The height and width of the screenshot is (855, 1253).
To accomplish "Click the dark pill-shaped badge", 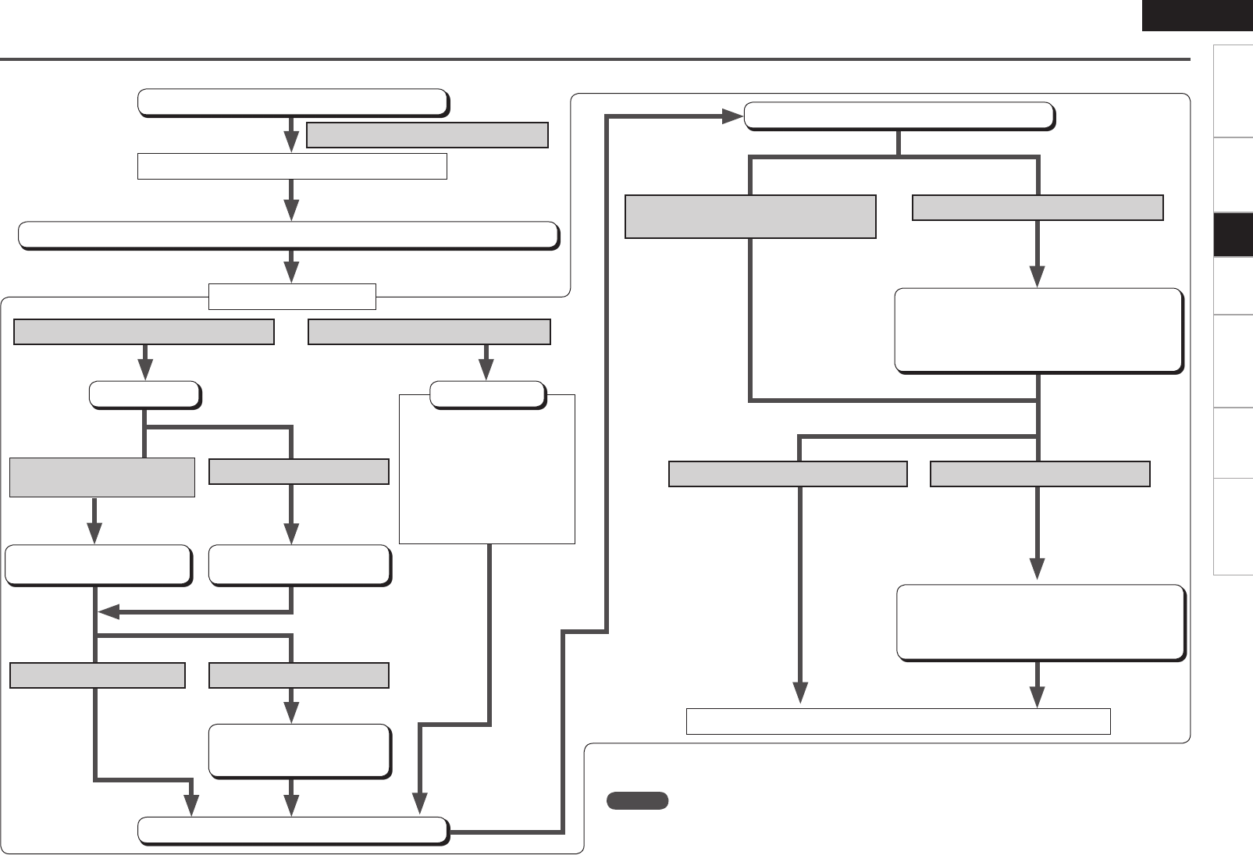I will point(637,800).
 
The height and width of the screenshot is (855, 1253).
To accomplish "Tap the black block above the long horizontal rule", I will point(1197,15).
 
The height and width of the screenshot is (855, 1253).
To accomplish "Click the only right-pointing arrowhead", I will point(732,116).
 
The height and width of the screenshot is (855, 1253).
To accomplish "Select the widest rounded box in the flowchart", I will point(288,235).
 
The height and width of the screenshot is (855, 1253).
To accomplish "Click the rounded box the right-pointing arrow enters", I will point(899,116).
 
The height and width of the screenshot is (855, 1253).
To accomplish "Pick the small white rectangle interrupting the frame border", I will point(292,297).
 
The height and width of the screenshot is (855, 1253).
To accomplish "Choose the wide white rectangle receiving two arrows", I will point(898,721).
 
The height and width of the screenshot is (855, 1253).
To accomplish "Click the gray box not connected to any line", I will point(427,135).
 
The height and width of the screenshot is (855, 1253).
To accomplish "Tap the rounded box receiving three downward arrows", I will point(293,831).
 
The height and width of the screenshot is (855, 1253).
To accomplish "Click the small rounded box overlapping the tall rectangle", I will point(487,395).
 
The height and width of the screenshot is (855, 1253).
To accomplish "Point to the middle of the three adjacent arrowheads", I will point(291,806).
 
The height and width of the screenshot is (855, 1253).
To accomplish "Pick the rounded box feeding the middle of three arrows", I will point(299,750).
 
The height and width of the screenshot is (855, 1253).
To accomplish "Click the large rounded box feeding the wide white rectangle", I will point(1041,622).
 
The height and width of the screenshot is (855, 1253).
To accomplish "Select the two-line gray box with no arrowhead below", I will point(749,216).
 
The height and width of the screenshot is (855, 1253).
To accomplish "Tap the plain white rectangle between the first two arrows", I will point(292,166).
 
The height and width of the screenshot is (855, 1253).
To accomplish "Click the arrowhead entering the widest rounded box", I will point(291,209).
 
